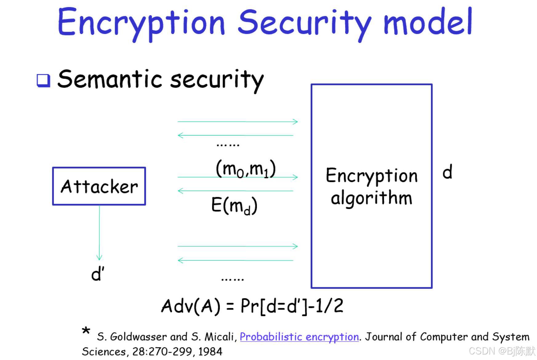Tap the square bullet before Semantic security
pos(43,80)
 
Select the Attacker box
pos(99,186)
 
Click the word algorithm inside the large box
pos(371,198)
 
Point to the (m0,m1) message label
pos(246,169)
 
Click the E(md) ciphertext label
pos(234,205)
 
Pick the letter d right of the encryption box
pos(447,172)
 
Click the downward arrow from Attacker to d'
pos(99,234)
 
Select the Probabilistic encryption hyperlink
pos(299,337)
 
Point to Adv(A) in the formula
pos(191,306)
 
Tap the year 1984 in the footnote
pos(210,351)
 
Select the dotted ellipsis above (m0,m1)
pos(228,145)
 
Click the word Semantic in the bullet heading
pos(109,79)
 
